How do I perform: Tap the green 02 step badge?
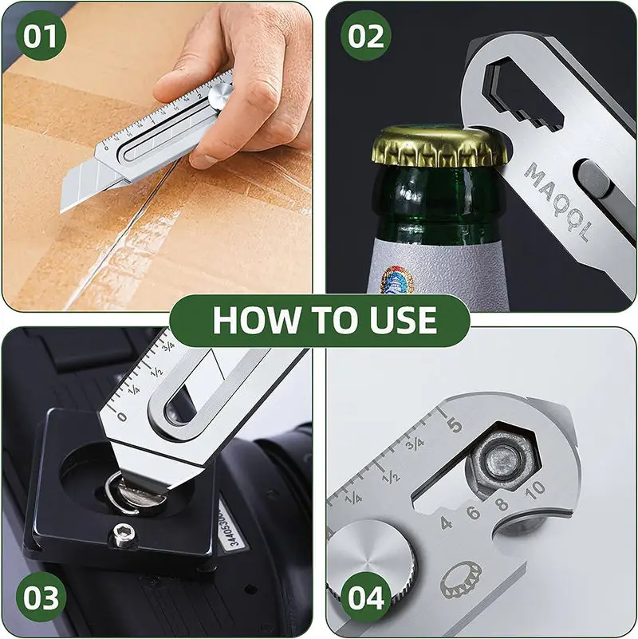pos(366,37)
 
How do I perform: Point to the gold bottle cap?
pos(440,144)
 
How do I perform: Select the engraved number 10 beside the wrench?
pos(535,487)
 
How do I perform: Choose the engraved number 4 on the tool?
pos(445,523)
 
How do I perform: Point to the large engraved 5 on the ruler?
pos(455,424)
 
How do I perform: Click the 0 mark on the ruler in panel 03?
pos(121,416)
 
